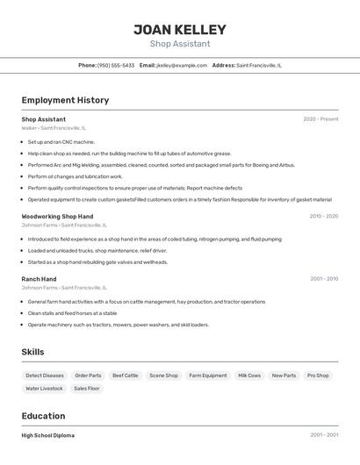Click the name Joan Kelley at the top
180,29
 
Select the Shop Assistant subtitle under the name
180,44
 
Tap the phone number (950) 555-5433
116,65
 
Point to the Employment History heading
65,100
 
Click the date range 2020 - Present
320,119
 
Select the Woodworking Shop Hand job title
57,216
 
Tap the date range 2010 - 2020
323,216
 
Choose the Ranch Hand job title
39,279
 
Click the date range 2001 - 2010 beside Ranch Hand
323,279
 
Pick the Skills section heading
32,352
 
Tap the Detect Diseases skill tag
45,376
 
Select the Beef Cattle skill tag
125,376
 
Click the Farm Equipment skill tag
208,376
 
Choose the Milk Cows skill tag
249,376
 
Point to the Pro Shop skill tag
318,376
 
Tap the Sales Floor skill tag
86,388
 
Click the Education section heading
43,416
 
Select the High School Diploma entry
48,435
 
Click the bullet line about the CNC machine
61,141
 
